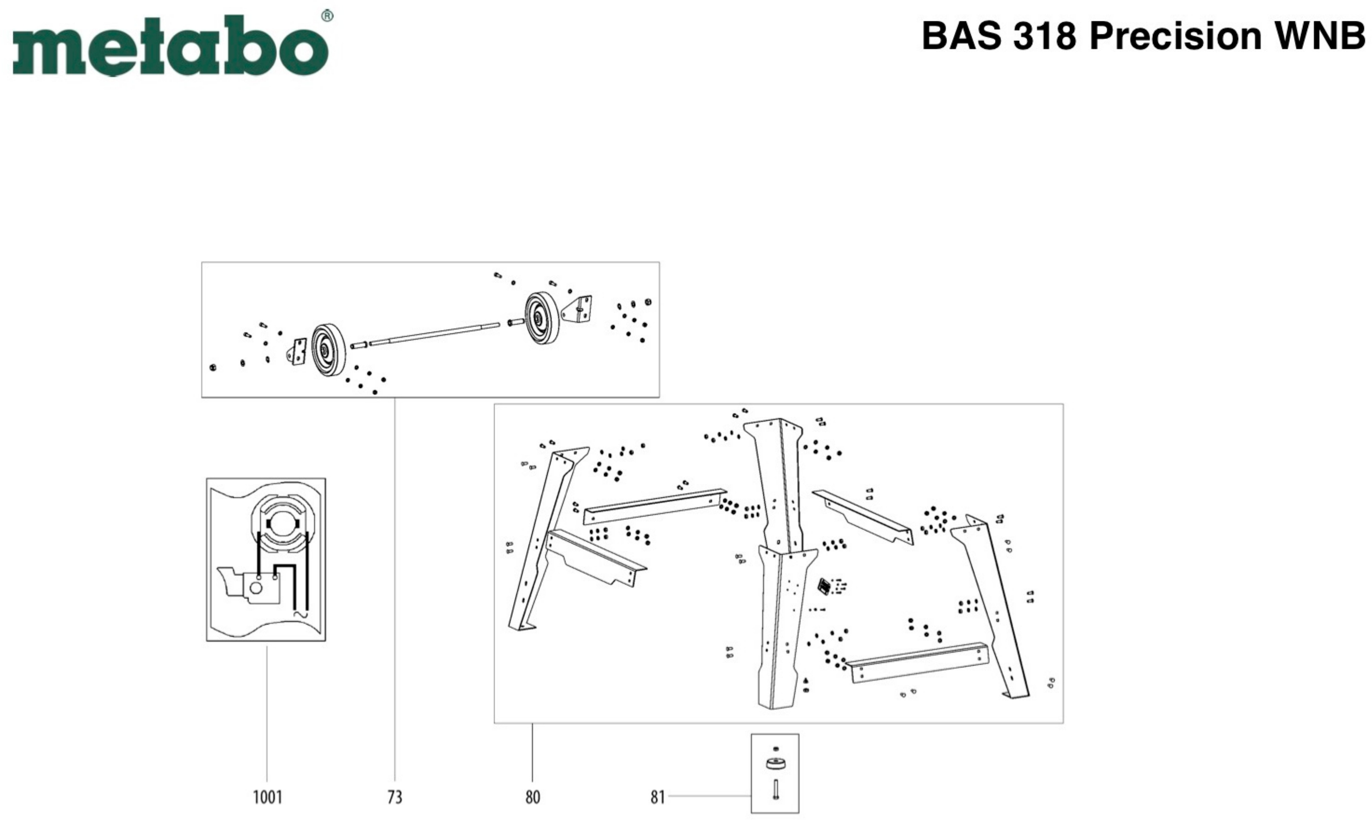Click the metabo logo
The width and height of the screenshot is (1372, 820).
pos(170,45)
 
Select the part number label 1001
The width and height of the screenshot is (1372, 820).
pos(267,797)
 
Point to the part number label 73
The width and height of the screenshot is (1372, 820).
pos(395,797)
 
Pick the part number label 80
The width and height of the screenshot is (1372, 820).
pos(532,797)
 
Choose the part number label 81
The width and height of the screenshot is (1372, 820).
pos(657,797)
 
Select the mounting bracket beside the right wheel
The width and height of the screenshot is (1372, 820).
pos(578,309)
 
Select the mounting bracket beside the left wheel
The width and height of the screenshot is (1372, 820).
pos(298,352)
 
